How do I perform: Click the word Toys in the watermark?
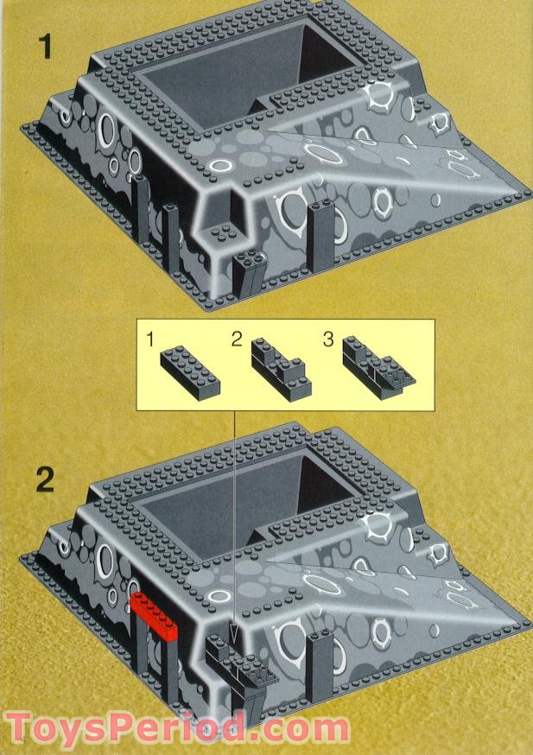(66, 726)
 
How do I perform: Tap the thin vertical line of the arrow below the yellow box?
(234, 518)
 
